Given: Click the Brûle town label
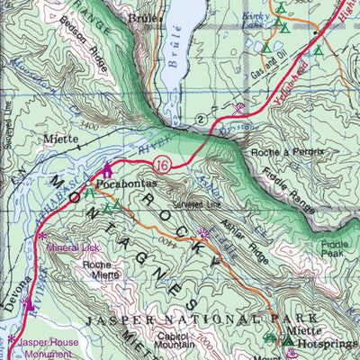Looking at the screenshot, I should coord(143,17).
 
